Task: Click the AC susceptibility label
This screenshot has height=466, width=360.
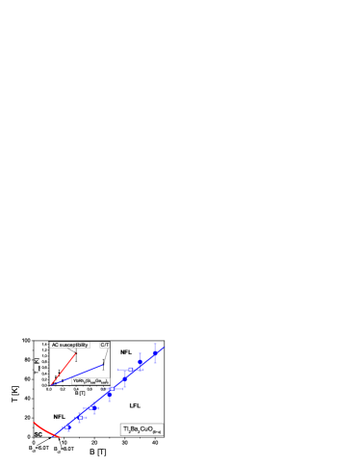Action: coord(69,345)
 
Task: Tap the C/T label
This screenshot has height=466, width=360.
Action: coord(105,345)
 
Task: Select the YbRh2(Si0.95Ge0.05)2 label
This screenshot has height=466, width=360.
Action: coord(90,381)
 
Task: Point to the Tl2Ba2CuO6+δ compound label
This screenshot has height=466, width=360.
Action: coord(141,429)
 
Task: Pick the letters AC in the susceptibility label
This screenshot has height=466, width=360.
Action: coord(55,345)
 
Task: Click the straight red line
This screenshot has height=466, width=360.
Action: coord(64,369)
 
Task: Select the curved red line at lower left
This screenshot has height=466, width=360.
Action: coord(46,430)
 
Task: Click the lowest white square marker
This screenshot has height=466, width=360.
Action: coord(66,427)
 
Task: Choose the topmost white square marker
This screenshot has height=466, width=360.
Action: coord(131,370)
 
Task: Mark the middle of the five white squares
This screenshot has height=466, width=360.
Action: coord(91,408)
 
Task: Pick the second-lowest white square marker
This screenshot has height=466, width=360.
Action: coord(81,417)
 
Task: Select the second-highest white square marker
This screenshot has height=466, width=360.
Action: coord(112,389)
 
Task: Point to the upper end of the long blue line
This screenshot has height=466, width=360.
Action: coord(164,348)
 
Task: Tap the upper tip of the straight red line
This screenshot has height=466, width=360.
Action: coord(75,353)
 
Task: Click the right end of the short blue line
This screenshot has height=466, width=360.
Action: coord(103,364)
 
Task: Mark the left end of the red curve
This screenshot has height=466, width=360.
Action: coord(35,422)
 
